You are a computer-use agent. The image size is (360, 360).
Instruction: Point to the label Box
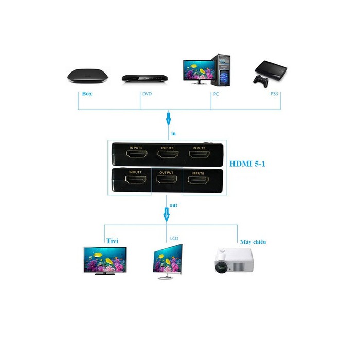(87, 94)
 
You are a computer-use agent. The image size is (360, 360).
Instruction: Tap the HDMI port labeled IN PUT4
(138, 154)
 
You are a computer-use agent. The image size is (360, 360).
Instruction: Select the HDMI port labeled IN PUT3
(168, 154)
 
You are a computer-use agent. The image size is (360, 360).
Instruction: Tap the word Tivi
(113, 240)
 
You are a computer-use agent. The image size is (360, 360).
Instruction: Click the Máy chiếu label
(253, 241)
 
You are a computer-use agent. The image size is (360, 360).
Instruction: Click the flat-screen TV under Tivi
(105, 259)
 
